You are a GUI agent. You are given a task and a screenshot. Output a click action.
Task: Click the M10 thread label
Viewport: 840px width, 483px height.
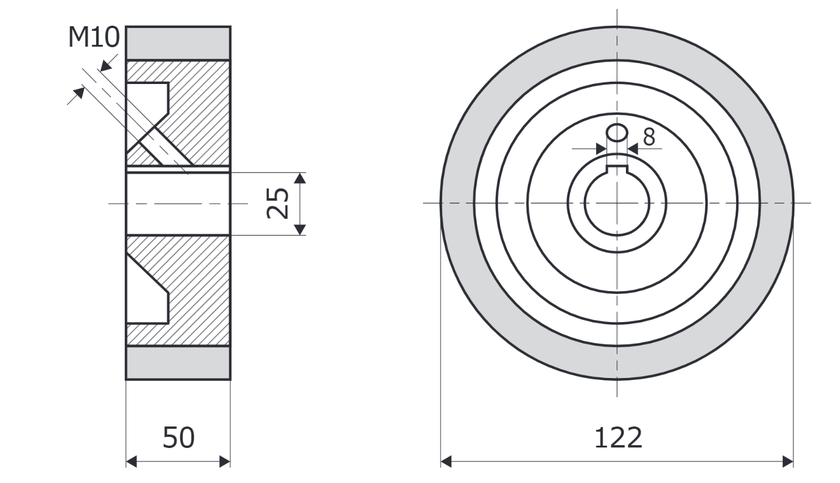pos(94,37)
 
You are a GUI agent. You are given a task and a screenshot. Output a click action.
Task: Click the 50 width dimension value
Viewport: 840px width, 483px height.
pos(178,437)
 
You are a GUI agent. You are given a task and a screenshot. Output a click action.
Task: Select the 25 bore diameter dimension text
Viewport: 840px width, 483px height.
pos(278,203)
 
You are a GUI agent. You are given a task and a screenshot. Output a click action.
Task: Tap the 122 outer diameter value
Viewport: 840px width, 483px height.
pos(618,437)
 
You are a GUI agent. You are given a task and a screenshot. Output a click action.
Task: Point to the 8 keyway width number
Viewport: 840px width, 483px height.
pos(649,137)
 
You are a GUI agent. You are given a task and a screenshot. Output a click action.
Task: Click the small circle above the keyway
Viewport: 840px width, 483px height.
pos(617,133)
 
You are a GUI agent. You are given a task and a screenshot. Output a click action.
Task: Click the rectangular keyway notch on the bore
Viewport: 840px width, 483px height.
pos(617,169)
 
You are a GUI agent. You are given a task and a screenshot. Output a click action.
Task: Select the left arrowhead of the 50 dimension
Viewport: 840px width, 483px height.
pos(131,461)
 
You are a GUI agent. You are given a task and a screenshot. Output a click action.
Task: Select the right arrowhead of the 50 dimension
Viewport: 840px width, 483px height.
pos(225,461)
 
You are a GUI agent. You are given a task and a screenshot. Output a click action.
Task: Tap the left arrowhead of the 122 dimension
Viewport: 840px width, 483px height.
pos(446,461)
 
